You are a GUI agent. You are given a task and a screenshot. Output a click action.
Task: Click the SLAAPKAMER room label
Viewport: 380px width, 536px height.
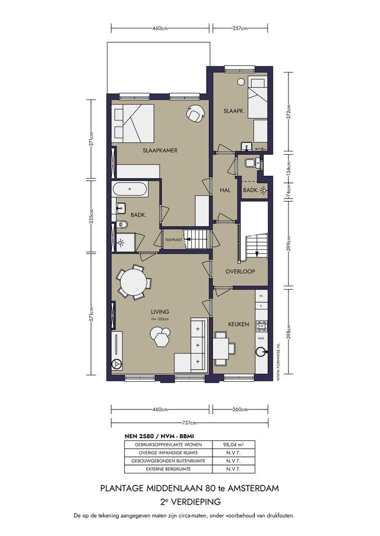(160, 150)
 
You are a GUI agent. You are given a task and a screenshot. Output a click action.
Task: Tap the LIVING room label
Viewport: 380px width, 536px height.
(160, 312)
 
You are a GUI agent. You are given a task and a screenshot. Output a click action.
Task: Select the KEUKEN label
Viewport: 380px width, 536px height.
(238, 324)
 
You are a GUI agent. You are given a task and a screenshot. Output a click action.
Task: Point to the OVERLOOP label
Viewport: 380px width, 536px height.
(240, 271)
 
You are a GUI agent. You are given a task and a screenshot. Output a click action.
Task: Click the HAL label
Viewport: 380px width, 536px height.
(225, 190)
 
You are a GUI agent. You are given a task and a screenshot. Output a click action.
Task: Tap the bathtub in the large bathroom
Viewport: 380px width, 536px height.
(130, 189)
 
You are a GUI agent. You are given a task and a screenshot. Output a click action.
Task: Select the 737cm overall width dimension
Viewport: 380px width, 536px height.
(190, 423)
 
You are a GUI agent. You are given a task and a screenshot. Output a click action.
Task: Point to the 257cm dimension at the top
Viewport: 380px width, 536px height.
(240, 28)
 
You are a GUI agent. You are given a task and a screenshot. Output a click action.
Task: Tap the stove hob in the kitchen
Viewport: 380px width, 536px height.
(261, 326)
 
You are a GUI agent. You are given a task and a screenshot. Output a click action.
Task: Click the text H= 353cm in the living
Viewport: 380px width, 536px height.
(160, 319)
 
